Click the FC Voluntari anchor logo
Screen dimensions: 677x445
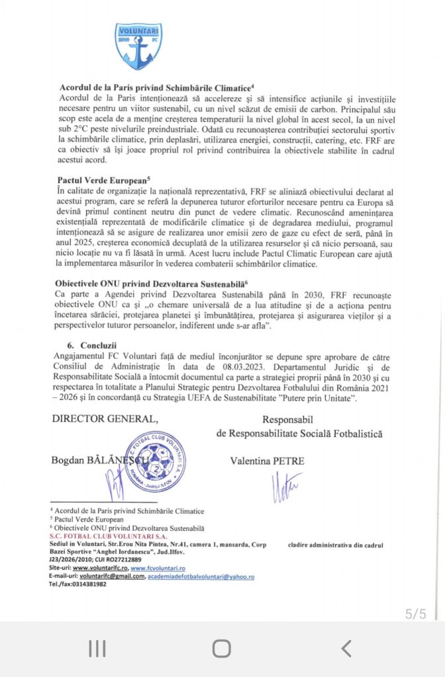[x=138, y=46]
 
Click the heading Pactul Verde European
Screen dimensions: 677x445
[x=104, y=179]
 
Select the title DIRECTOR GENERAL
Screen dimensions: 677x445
[x=105, y=418]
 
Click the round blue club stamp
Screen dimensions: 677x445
[x=154, y=461]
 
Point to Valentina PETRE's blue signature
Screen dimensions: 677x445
[x=286, y=487]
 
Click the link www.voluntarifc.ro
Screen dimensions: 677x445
[x=100, y=568]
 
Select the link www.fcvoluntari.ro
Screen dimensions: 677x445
[x=158, y=568]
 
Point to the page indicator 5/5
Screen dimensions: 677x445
[x=416, y=614]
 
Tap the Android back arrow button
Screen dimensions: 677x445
[x=346, y=649]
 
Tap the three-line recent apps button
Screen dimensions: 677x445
[x=97, y=649]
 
